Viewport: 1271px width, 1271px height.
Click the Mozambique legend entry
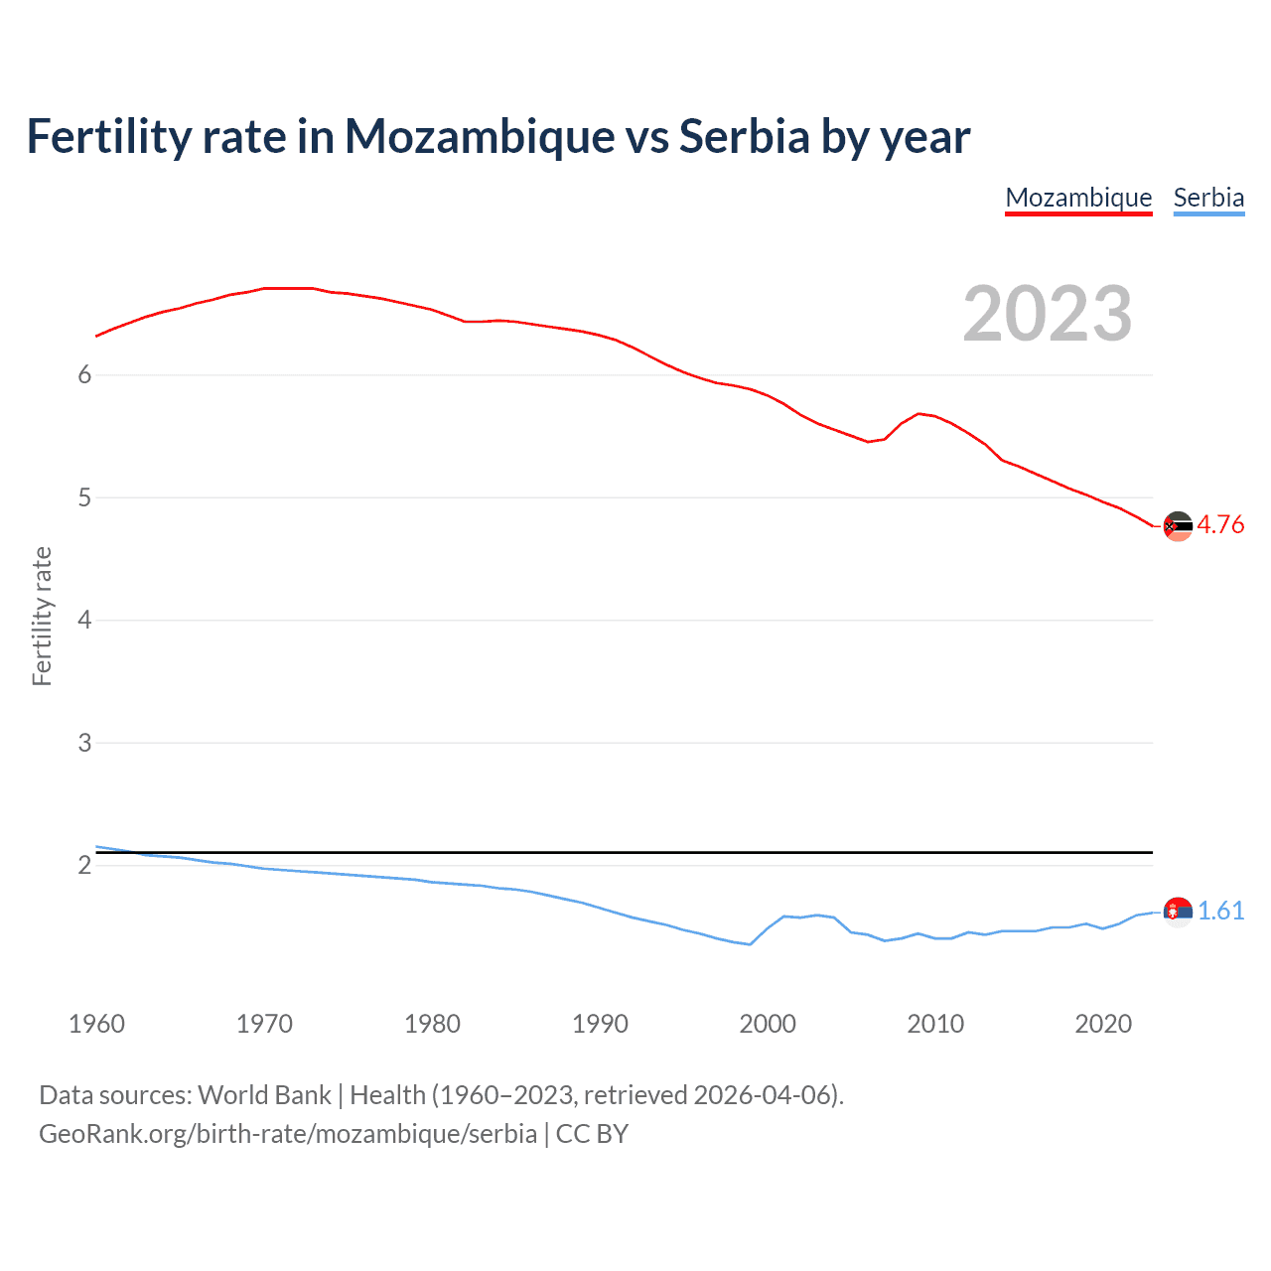click(x=1078, y=198)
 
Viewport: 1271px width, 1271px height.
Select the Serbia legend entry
click(x=1208, y=198)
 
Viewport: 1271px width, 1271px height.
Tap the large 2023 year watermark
click(x=1048, y=314)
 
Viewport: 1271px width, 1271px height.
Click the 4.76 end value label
click(x=1220, y=525)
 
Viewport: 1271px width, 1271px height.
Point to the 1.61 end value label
click(x=1220, y=911)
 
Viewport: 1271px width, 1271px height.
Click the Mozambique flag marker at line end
click(x=1178, y=526)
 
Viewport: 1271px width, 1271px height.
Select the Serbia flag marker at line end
click(x=1178, y=911)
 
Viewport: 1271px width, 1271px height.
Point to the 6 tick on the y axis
click(x=84, y=374)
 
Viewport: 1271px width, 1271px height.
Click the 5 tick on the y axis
click(x=84, y=497)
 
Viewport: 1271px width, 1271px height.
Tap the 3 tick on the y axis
click(x=84, y=743)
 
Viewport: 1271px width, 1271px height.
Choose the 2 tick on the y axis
click(x=84, y=865)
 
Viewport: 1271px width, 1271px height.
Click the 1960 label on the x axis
click(x=96, y=1024)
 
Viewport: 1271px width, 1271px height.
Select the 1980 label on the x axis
click(x=432, y=1024)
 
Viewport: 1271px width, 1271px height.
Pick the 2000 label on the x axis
click(x=768, y=1024)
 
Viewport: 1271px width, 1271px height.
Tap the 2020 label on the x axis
click(x=1103, y=1024)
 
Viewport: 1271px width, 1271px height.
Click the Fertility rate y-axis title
click(x=42, y=616)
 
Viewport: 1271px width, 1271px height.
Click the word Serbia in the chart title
click(x=745, y=136)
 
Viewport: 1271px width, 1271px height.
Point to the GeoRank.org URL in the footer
click(x=288, y=1134)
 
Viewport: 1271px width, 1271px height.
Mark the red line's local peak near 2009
click(x=919, y=413)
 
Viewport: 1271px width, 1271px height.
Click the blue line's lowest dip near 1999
click(x=750, y=944)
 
